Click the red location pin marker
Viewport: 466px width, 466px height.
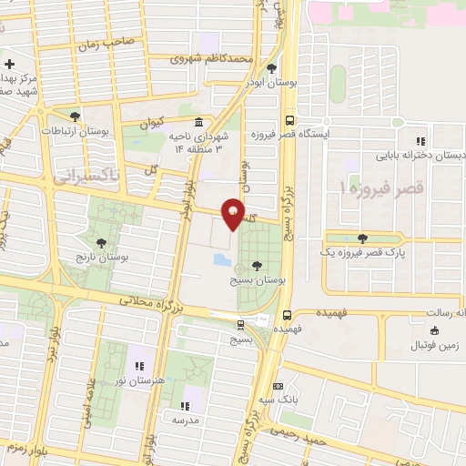[233, 211]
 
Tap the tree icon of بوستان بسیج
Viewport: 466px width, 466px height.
[258, 266]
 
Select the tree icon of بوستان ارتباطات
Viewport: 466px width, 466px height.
[75, 116]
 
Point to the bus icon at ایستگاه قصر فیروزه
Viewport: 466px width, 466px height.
[289, 119]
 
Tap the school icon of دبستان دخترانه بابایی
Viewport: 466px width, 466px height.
[420, 141]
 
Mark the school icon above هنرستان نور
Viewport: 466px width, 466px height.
[139, 366]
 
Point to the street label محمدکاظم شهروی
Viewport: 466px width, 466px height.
[215, 58]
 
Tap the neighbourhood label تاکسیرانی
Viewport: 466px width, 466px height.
[87, 175]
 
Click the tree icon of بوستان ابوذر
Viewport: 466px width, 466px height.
[272, 68]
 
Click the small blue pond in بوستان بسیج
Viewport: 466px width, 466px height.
[221, 260]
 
